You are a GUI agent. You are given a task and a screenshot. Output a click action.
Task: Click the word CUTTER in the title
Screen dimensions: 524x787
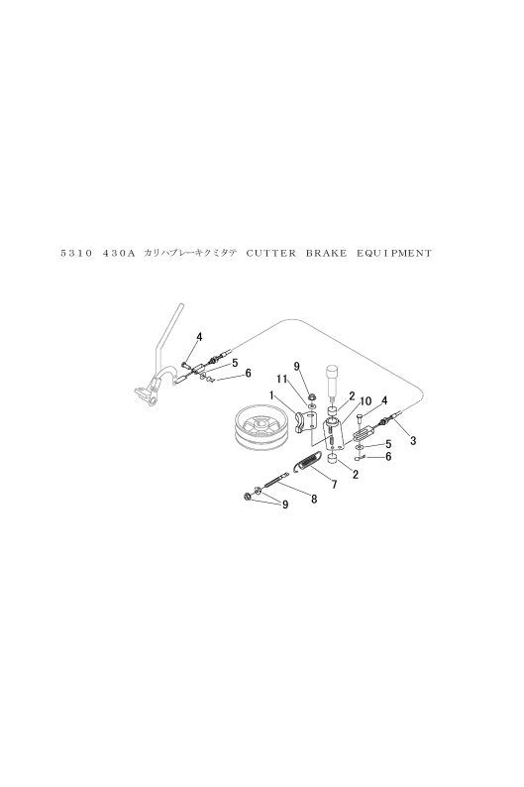point(271,254)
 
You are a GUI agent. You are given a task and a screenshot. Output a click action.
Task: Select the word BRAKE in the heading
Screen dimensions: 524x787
point(326,254)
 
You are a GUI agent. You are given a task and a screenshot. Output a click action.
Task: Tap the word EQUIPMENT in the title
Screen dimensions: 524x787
point(394,254)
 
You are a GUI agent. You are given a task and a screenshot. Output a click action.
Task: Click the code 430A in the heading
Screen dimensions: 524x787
point(119,254)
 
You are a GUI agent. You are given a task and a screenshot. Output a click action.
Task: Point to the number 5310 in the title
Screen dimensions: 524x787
point(76,254)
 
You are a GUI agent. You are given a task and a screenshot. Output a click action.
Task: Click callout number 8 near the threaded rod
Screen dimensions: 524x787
point(314,499)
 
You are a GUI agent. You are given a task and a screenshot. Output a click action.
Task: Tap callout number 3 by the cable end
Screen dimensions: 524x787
point(413,441)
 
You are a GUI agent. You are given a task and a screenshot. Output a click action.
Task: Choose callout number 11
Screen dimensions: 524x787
point(281,379)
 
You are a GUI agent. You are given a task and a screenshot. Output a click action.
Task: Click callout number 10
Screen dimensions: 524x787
point(366,400)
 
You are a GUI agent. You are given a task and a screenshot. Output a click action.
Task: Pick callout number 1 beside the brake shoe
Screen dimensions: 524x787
point(271,395)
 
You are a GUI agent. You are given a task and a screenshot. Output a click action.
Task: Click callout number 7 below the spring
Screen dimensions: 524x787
point(334,484)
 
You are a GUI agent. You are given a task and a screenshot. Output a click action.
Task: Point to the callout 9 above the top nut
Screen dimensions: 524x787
point(296,367)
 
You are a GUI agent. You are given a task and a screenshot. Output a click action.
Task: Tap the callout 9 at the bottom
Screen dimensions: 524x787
point(285,505)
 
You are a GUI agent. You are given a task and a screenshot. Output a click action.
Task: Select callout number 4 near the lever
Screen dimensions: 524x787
point(199,337)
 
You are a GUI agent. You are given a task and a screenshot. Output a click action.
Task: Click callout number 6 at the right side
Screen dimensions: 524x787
point(388,457)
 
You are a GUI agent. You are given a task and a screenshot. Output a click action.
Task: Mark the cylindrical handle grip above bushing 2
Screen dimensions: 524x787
point(333,380)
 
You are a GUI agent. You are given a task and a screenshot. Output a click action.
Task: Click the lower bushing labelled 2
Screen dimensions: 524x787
point(332,459)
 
